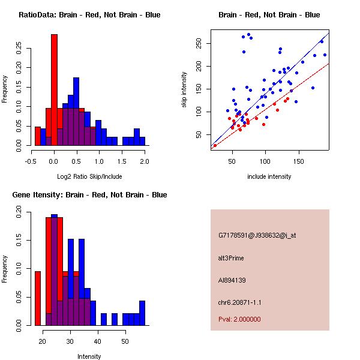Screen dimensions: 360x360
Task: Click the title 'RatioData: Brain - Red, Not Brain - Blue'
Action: pos(89,15)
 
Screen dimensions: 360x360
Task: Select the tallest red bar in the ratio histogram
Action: pos(54,90)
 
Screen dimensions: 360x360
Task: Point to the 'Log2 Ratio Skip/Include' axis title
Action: pos(89,176)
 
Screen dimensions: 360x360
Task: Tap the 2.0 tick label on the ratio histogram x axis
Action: pos(145,161)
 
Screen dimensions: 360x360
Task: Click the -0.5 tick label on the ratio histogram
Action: pos(32,161)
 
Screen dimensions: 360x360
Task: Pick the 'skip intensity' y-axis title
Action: pos(184,90)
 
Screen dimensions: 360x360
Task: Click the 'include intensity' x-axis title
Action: pos(269,176)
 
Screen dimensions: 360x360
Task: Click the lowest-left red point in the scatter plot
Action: pos(215,145)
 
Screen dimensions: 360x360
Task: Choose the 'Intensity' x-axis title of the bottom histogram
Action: pos(89,356)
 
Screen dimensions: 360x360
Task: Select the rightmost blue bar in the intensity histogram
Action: pos(142,313)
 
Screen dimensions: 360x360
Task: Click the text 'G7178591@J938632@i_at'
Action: pos(257,235)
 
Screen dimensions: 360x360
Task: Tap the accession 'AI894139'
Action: pos(232,280)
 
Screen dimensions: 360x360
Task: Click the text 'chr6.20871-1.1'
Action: pos(240,302)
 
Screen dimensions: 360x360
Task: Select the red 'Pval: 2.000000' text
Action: pos(240,319)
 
